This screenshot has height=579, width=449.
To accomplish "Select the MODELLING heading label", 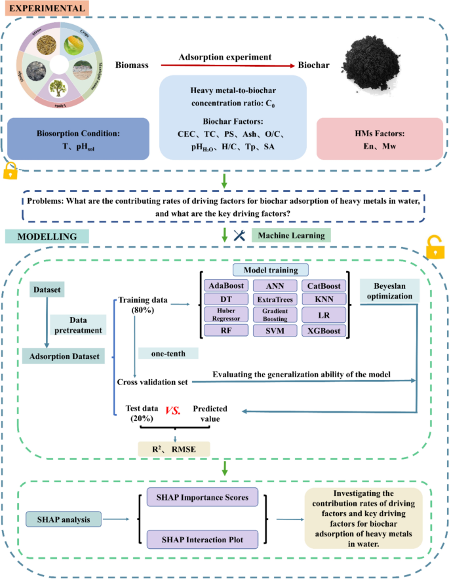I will point(39,236).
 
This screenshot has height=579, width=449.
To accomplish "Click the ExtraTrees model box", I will point(275,301).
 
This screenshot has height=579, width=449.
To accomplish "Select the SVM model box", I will point(275,331).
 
